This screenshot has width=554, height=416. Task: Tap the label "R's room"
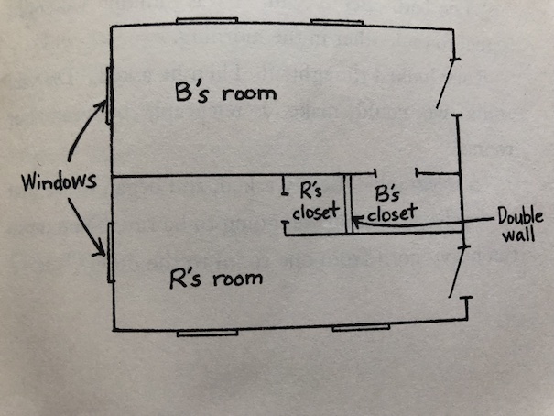[217, 278]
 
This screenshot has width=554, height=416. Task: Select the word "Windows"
[60, 182]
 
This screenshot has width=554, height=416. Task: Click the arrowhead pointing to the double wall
[358, 220]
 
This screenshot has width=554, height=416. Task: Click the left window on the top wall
[207, 22]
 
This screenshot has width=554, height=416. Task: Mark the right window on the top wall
[339, 23]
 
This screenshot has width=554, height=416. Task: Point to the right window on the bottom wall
[360, 327]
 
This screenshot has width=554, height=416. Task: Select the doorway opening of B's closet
[396, 172]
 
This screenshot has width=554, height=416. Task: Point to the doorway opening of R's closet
[285, 213]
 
